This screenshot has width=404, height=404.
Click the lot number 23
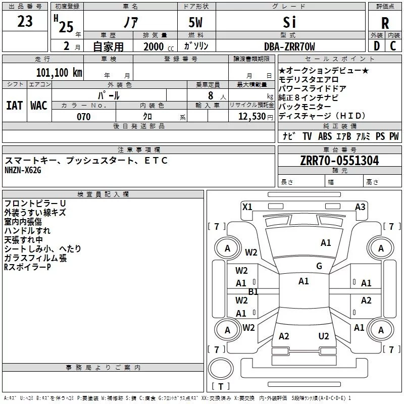tap(25, 22)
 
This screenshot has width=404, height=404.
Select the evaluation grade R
tap(385, 23)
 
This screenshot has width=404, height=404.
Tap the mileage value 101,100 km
tap(59, 72)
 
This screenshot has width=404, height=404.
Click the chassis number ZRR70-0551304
tap(339, 161)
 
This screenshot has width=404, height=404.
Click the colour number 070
tap(83, 117)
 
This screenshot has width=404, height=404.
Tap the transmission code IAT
tap(14, 105)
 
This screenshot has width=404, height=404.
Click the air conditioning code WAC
tap(39, 105)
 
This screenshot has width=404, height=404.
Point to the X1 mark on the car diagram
tap(247, 207)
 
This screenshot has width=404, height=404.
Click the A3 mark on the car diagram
tap(360, 207)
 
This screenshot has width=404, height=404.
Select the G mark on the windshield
tap(319, 266)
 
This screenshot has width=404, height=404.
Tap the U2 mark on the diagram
tap(324, 336)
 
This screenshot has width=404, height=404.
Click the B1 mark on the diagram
tap(253, 292)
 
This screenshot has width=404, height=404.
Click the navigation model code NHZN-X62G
tap(23, 170)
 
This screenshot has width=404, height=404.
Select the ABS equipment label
tap(325, 136)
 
